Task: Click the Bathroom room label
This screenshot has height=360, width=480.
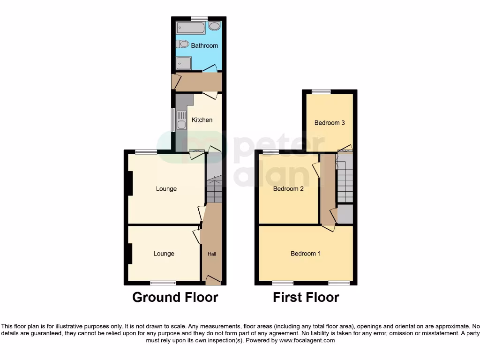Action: (204, 45)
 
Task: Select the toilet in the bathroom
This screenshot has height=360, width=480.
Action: (183, 44)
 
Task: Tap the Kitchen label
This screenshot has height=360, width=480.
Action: (202, 120)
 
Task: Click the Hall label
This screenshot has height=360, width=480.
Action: (212, 254)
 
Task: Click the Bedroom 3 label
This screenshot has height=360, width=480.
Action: (330, 123)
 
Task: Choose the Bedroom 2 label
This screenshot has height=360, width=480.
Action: (288, 189)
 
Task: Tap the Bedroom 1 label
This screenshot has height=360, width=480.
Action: (306, 254)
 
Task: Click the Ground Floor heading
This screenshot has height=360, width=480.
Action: (175, 297)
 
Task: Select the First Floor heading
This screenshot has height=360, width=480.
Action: (306, 297)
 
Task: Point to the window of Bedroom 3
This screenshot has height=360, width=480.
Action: (321, 92)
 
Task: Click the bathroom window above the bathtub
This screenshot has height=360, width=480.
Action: (199, 19)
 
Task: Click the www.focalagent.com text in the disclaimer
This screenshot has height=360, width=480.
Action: (307, 340)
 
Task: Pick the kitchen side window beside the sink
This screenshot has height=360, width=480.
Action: (173, 120)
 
